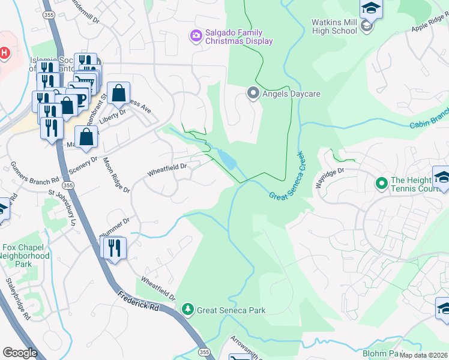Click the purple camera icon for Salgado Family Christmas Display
(x=196, y=36)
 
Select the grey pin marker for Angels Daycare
(x=253, y=93)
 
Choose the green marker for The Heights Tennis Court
(x=381, y=182)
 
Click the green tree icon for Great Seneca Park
(x=188, y=309)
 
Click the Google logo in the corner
(x=20, y=352)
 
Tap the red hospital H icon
(x=5, y=53)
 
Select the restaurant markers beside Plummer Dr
(x=113, y=247)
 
